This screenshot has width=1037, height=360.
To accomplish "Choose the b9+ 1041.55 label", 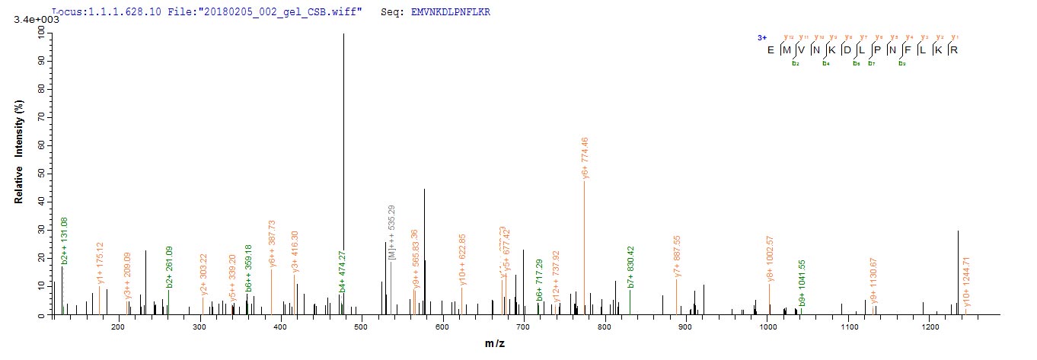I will coord(801,283).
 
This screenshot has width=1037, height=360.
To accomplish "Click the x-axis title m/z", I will coord(494,344).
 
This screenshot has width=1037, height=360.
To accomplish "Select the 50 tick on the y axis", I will coord(38,174).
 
